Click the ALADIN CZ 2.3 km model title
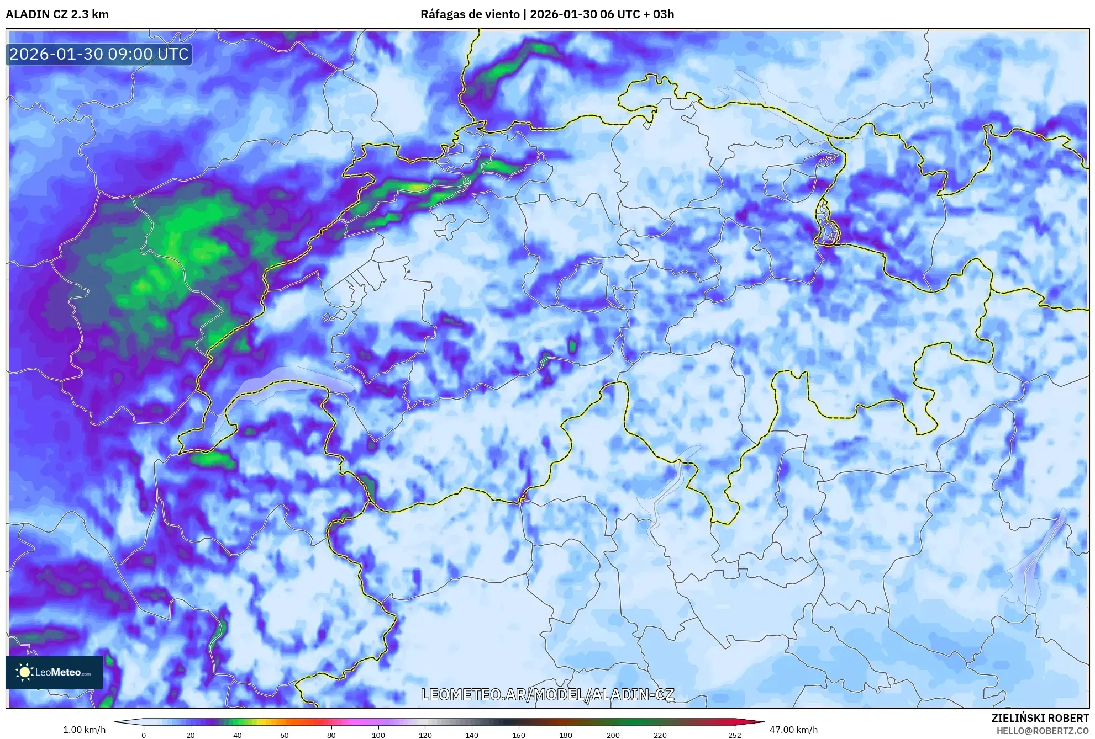(x=57, y=14)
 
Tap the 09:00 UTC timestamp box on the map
(x=99, y=54)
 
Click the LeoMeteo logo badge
(x=54, y=672)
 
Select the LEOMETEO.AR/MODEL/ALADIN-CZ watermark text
(x=547, y=694)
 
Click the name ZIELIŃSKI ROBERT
(x=1040, y=718)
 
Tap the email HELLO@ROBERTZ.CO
(x=1043, y=731)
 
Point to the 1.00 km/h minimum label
(x=84, y=730)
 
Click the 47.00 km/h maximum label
(x=793, y=730)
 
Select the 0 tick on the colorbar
(x=144, y=735)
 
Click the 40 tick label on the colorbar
(x=237, y=735)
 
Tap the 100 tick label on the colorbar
(x=378, y=735)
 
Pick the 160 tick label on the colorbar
(x=519, y=735)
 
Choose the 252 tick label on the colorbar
(x=735, y=735)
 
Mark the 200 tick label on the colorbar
(x=613, y=735)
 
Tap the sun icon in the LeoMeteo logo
(x=24, y=672)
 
